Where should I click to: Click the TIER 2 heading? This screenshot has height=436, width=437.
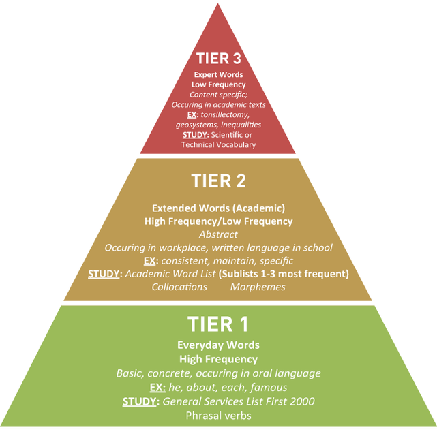pyautogui.click(x=218, y=182)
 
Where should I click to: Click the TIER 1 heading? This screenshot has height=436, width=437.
pyautogui.click(x=218, y=324)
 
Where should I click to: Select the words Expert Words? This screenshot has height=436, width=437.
pyautogui.click(x=218, y=74)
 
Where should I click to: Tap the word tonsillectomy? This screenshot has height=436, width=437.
pyautogui.click(x=228, y=114)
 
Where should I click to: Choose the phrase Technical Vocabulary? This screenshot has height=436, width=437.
pyautogui.click(x=218, y=145)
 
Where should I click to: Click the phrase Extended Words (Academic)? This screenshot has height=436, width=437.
pyautogui.click(x=218, y=208)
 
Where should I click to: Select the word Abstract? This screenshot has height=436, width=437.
pyautogui.click(x=218, y=234)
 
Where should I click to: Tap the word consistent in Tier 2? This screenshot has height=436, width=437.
pyautogui.click(x=187, y=261)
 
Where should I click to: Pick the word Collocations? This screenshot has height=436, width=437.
pyautogui.click(x=179, y=287)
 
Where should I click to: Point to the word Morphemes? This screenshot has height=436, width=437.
pyautogui.click(x=257, y=287)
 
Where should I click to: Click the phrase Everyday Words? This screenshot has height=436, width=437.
pyautogui.click(x=218, y=345)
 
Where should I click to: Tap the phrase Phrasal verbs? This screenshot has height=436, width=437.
pyautogui.click(x=218, y=416)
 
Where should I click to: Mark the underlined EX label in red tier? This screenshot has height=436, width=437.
pyautogui.click(x=192, y=114)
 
